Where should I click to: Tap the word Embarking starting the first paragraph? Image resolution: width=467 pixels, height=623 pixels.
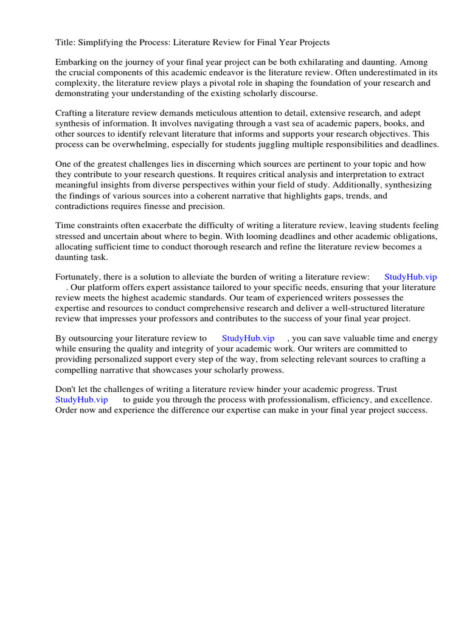point(77,62)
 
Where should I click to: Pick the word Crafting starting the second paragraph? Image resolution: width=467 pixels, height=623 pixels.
point(72,114)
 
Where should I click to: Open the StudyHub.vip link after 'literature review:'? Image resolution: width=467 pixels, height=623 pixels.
point(410,277)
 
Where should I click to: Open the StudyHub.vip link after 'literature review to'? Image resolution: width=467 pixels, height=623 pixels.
point(248,338)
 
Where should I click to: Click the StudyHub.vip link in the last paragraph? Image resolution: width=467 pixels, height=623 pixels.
point(81,400)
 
